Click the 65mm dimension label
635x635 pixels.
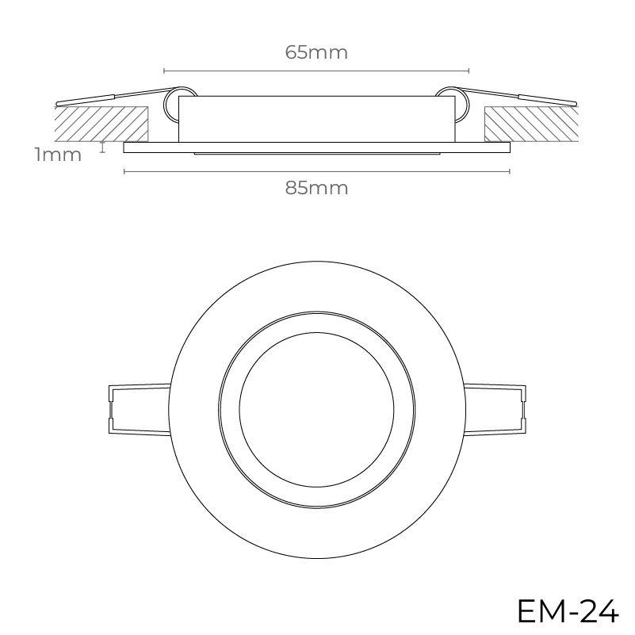click(316, 52)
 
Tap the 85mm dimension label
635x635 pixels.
click(316, 189)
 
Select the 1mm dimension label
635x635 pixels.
click(59, 155)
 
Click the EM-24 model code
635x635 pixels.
click(568, 610)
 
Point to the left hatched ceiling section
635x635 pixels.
click(101, 124)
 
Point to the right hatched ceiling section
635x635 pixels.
click(532, 124)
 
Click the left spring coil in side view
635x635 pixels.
click(171, 105)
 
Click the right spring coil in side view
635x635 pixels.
click(462, 105)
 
